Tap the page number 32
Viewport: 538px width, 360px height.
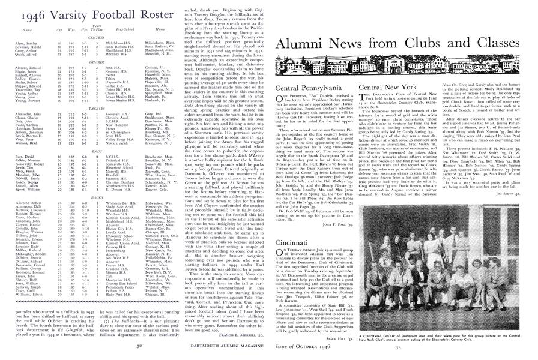coord(139,345)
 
